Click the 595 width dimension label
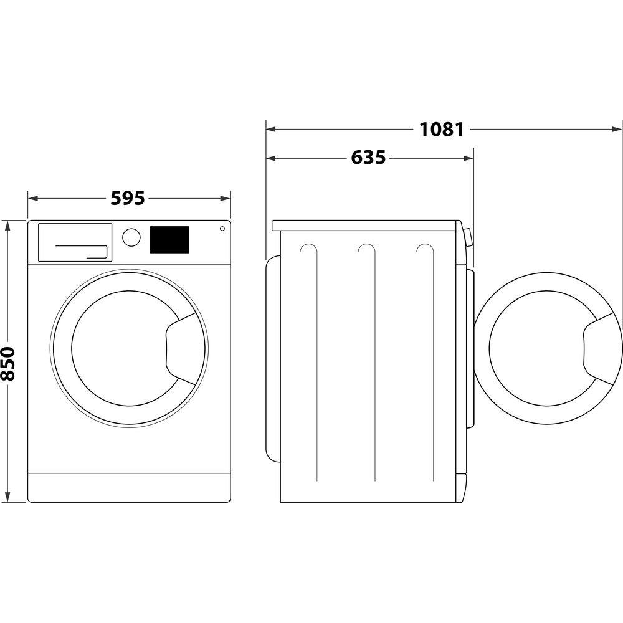click(128, 198)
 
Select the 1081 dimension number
click(441, 130)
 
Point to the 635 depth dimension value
click(368, 158)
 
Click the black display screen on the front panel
click(169, 239)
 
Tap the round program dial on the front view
click(131, 237)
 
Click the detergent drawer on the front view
click(75, 242)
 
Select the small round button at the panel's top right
click(222, 229)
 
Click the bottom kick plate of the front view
click(129, 487)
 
